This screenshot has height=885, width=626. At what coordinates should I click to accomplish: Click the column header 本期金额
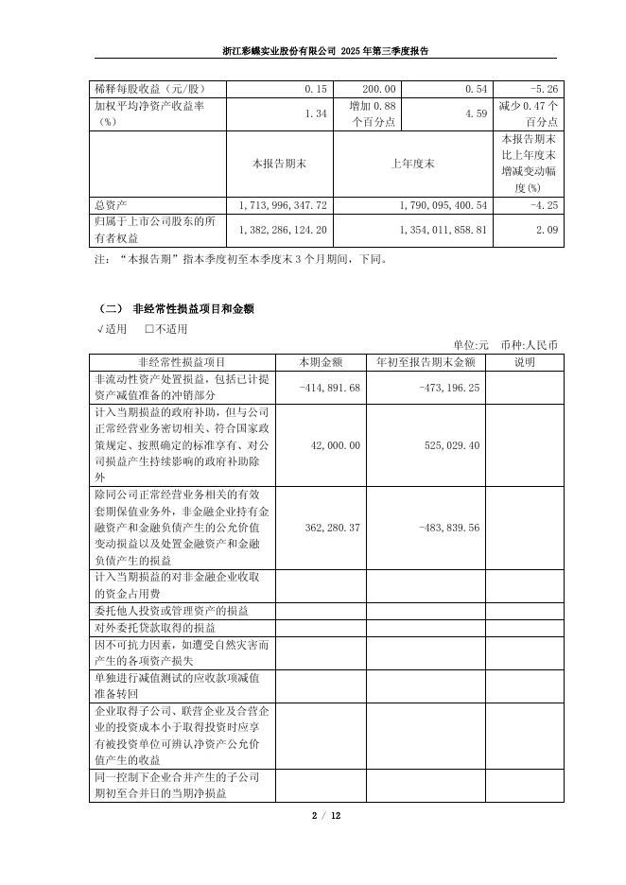pos(321,362)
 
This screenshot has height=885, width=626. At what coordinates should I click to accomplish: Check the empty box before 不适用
pos(149,329)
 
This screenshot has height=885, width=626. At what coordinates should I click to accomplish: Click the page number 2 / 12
pos(312,815)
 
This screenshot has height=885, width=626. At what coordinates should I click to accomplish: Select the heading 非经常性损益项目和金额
pos(193,309)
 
